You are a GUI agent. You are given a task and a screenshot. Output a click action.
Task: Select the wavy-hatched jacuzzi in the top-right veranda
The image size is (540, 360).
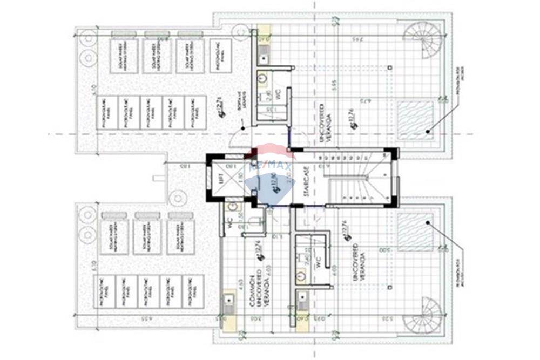(x=416, y=119)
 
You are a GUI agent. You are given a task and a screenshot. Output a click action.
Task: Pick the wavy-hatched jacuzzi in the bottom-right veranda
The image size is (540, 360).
(x=416, y=232)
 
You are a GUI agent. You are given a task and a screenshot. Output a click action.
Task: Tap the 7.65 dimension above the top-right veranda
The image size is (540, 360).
(x=356, y=38)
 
